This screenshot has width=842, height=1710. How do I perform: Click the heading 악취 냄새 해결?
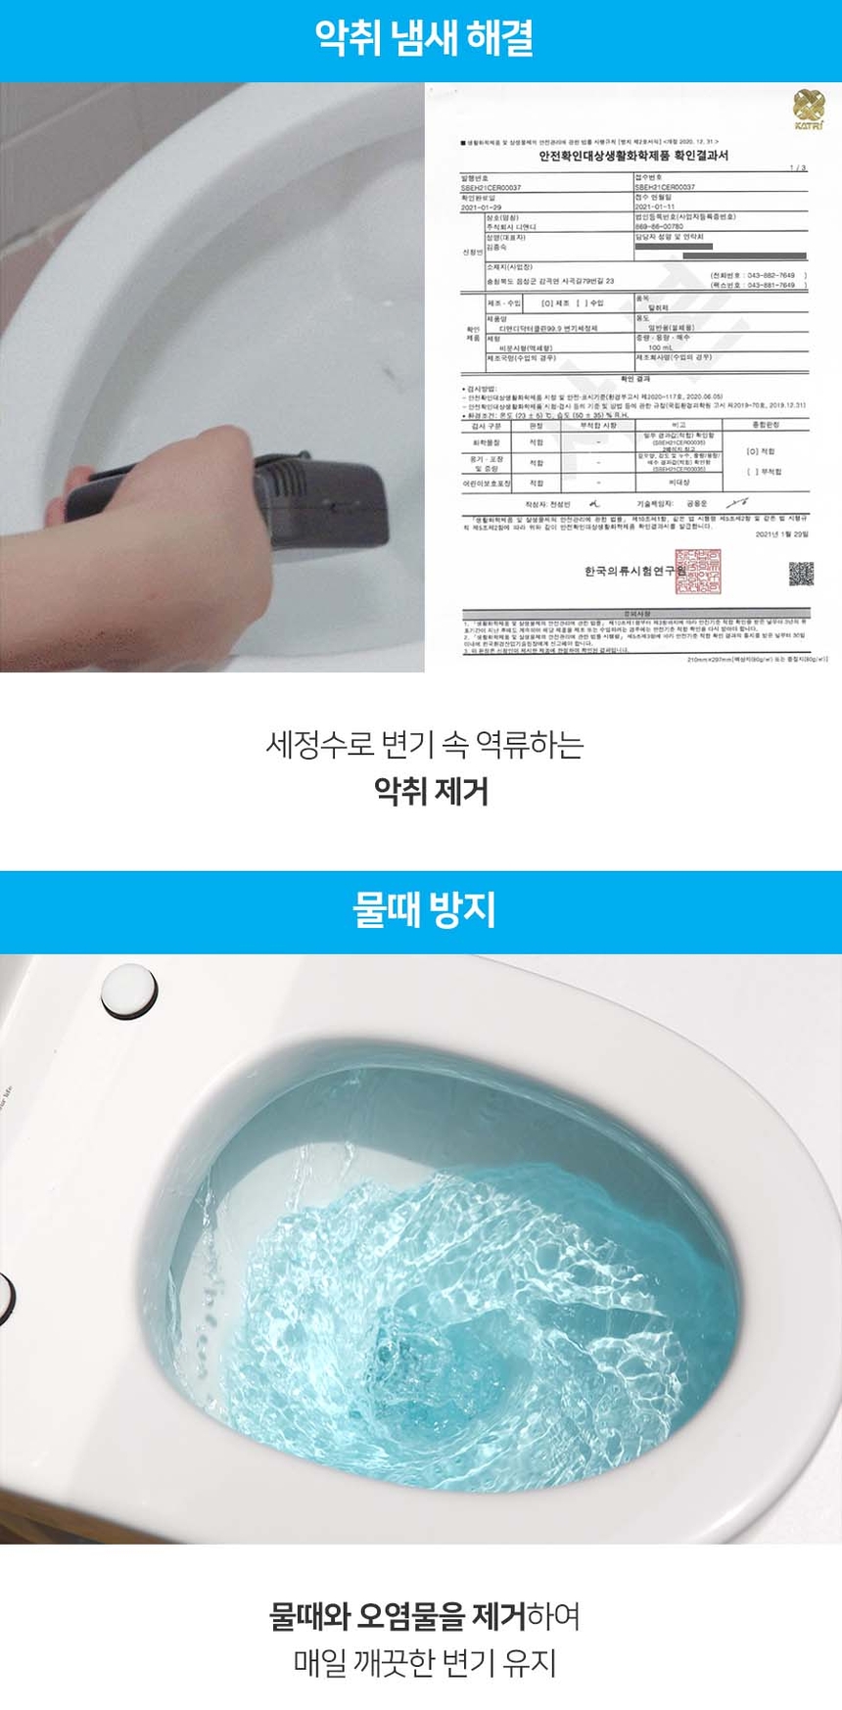pos(422,39)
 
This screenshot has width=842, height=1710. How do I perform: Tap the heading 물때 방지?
pos(422,910)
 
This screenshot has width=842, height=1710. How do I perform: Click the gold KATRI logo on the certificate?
pos(809,106)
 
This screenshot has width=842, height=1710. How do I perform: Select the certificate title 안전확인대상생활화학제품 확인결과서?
pos(633,156)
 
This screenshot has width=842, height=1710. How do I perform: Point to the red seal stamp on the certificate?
pos(697,574)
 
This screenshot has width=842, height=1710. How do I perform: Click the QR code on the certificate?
pos(801,574)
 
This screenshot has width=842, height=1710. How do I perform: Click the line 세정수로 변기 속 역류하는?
pos(424,744)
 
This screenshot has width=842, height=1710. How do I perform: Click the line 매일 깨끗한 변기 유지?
pos(424,1662)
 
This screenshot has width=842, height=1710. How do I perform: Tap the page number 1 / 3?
pos(798,168)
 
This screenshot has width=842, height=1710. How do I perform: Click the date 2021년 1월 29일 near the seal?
pos(781,534)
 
